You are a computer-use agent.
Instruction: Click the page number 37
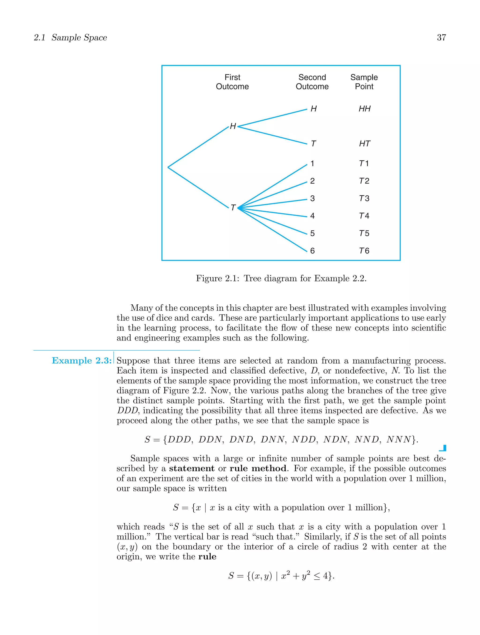[441, 38]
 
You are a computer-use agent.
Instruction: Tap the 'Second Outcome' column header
[312, 82]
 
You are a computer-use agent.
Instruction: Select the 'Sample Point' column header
[364, 82]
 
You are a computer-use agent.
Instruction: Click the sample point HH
[364, 109]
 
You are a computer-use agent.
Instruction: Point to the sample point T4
[364, 216]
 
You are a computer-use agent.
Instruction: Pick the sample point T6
[364, 251]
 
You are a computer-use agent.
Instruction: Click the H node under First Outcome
[233, 126]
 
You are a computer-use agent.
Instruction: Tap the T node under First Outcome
[233, 207]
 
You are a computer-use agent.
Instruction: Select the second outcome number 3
[312, 198]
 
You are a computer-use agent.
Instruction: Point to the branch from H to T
[272, 135]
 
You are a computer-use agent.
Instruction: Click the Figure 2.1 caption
[281, 279]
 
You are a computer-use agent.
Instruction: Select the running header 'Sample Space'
[79, 38]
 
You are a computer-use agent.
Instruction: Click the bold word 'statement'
[191, 468]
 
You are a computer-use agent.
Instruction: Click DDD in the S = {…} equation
[180, 440]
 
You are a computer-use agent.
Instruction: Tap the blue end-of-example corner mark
[443, 448]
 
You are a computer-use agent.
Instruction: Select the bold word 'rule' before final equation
[207, 557]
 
